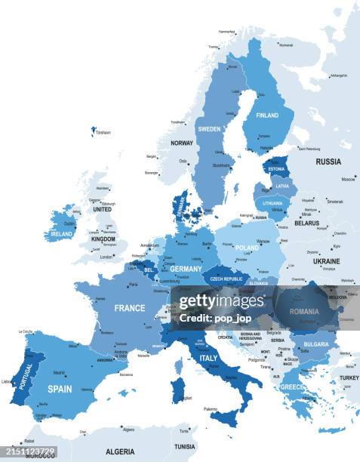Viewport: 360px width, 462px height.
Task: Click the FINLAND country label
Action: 267,115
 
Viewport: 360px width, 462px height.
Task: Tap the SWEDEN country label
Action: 209,129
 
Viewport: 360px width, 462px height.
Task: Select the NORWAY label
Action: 182,143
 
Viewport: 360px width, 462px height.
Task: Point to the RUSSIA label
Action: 328,162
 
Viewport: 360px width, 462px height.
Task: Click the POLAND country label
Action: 247,248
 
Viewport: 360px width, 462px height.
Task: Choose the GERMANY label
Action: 186,269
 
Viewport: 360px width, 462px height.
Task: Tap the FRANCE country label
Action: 130,308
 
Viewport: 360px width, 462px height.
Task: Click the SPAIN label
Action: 60,390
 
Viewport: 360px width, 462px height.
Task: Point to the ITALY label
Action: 208,358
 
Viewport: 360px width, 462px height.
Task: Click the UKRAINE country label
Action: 326,261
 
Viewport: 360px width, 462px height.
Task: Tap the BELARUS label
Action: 306,223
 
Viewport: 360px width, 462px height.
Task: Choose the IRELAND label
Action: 61,234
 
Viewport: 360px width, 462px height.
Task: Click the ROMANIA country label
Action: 304,311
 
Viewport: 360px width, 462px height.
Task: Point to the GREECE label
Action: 293,387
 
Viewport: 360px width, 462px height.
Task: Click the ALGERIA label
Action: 120,451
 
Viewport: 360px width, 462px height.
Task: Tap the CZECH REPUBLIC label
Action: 226,279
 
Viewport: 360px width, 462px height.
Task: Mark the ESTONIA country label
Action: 277,169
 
